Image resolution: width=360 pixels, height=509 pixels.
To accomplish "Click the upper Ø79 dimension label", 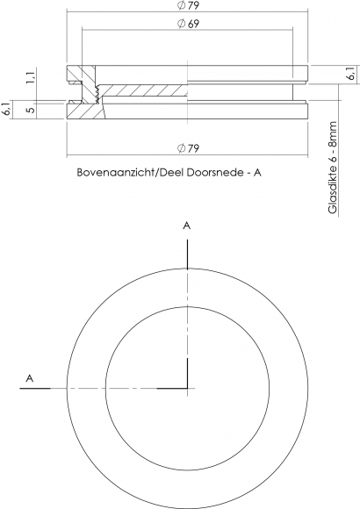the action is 188,5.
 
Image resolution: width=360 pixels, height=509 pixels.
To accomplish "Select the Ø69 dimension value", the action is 188,24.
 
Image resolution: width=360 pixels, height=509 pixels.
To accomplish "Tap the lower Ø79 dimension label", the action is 188,148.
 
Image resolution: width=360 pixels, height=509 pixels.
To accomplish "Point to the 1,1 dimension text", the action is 31,78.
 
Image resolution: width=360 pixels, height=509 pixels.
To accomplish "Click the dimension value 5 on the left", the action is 31,110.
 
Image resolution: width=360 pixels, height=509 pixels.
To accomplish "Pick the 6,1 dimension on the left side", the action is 6,110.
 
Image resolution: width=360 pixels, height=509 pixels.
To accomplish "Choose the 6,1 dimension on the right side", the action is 351,74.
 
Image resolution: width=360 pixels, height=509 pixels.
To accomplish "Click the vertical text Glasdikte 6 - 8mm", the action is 333,168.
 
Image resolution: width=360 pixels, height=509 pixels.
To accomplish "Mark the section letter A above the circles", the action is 186,226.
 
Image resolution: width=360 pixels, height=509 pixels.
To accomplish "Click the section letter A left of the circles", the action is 30,378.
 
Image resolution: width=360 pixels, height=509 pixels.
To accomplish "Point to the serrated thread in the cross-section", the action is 97,94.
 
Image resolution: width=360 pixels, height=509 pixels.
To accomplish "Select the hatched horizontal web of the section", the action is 143,90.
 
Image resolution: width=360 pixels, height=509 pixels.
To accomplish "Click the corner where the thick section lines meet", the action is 188,388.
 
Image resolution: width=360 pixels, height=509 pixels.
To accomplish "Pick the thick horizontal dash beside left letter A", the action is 35,388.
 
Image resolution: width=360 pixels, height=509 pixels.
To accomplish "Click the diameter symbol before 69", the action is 181,24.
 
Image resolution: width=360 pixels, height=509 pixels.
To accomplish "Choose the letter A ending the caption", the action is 257,172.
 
